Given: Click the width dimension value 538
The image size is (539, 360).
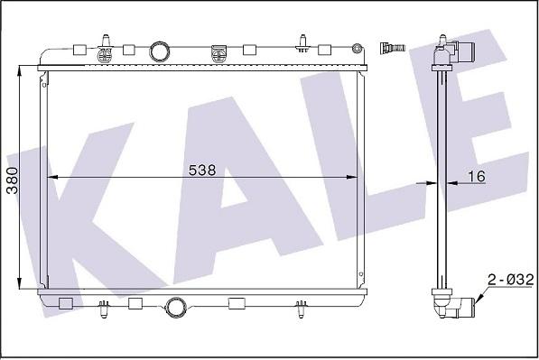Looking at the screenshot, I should [201, 169].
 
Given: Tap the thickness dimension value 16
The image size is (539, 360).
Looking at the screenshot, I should [477, 177].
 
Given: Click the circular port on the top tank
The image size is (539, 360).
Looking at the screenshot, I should [160, 51].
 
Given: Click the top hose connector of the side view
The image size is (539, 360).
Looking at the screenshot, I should [452, 52].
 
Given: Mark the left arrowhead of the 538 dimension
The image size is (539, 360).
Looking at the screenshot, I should [51, 177].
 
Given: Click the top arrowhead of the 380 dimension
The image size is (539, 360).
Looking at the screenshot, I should [22, 68].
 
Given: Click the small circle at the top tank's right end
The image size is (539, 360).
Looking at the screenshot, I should [359, 45].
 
